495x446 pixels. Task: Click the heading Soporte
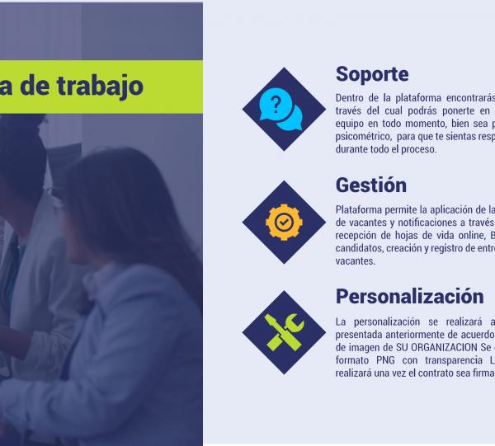[x=372, y=74]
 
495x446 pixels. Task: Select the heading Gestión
[x=371, y=185]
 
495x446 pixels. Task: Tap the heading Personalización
[x=409, y=296]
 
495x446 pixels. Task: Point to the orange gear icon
[x=283, y=221]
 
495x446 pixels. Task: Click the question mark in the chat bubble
[x=276, y=104]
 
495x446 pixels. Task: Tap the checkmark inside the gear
[x=283, y=221]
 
